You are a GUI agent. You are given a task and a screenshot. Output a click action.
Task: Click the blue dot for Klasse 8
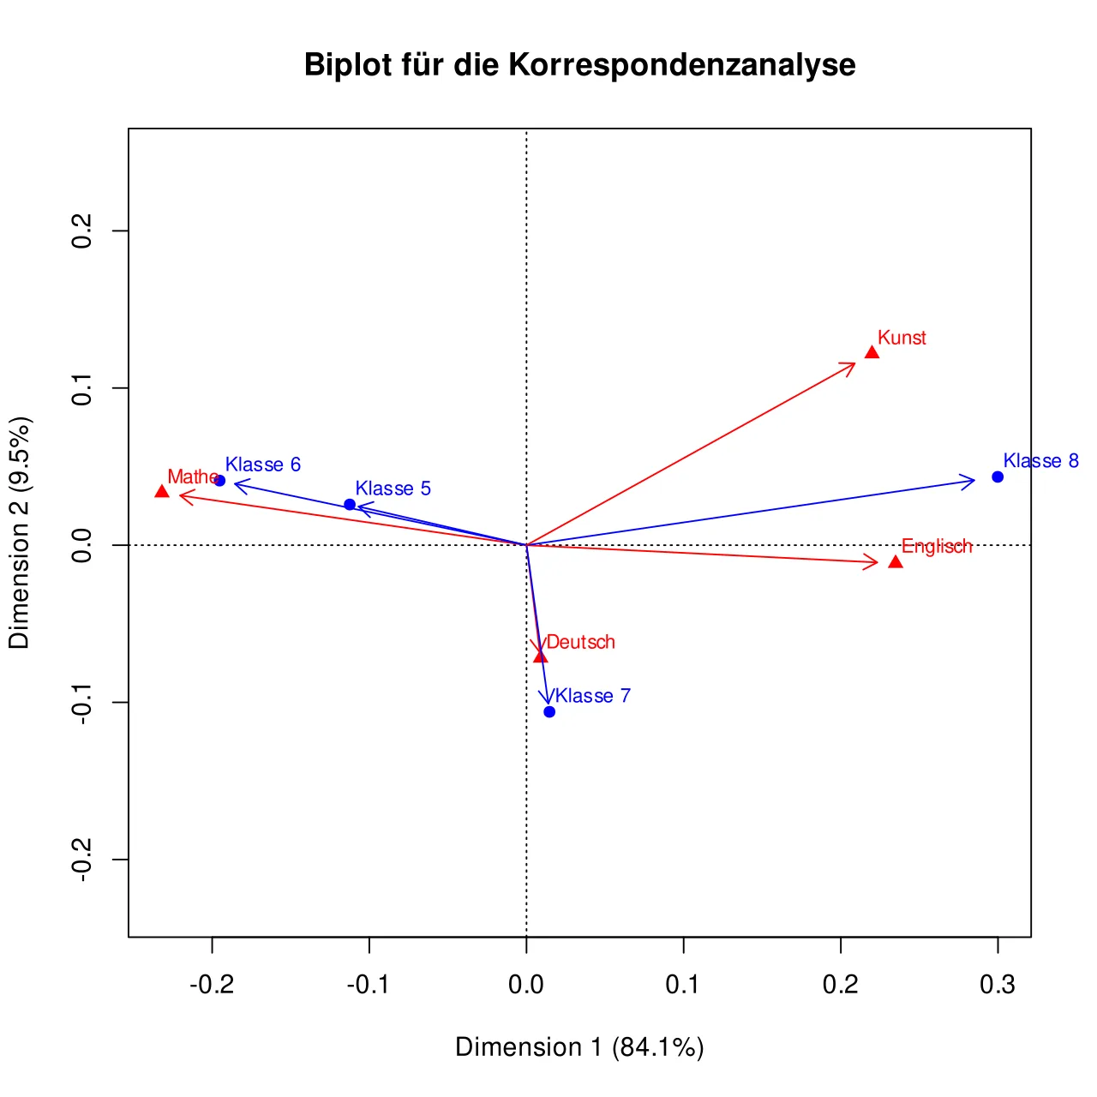[998, 477]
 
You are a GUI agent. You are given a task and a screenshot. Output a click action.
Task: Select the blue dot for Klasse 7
[549, 712]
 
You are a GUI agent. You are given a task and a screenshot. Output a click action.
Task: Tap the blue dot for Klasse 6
[219, 481]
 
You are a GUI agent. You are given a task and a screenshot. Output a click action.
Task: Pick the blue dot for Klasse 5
[350, 505]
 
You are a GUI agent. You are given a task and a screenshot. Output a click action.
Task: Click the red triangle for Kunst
[872, 352]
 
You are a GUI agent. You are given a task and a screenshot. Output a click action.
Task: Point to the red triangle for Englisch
[896, 562]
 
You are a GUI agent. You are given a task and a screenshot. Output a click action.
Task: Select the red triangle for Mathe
[162, 491]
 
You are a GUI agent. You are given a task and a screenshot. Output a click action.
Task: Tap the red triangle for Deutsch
[540, 657]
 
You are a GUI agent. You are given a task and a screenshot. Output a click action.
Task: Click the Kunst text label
[902, 338]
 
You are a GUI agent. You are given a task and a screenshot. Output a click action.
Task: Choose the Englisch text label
[937, 547]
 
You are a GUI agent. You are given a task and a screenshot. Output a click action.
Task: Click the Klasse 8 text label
[1041, 460]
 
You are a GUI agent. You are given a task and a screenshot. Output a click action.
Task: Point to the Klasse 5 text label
[393, 489]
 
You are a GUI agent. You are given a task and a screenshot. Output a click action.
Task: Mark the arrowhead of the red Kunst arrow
[855, 362]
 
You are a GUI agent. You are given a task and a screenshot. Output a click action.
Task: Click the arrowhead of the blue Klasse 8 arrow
[975, 481]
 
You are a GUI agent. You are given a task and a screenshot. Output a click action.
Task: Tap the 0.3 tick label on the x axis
[998, 984]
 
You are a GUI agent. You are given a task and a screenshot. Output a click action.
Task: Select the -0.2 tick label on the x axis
[212, 984]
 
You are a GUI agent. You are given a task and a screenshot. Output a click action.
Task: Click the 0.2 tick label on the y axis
[82, 231]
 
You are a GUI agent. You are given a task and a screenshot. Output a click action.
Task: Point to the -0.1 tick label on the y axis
[82, 703]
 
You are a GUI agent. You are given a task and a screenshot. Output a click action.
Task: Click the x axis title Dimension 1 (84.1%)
[579, 1047]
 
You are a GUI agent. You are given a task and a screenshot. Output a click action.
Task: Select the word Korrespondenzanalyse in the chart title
[682, 64]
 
